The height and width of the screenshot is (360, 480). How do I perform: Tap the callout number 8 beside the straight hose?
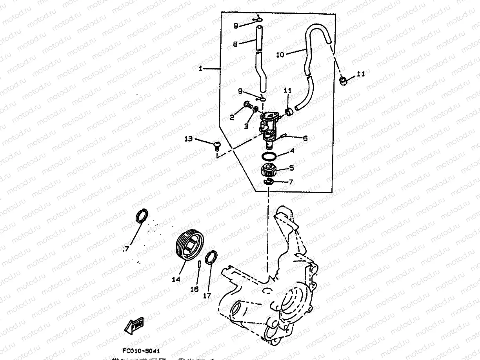235,44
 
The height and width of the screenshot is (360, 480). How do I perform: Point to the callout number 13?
189,138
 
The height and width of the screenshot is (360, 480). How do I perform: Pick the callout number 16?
195,289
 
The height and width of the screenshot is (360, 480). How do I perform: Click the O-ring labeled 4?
269,156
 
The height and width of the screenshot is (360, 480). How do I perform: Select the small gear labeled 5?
269,171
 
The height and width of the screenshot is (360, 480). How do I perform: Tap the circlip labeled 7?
269,182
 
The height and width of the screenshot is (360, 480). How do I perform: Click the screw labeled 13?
216,146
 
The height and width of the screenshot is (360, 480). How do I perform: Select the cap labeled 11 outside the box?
344,81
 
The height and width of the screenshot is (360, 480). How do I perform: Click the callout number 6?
305,138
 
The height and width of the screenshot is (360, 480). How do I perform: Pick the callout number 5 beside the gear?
291,168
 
